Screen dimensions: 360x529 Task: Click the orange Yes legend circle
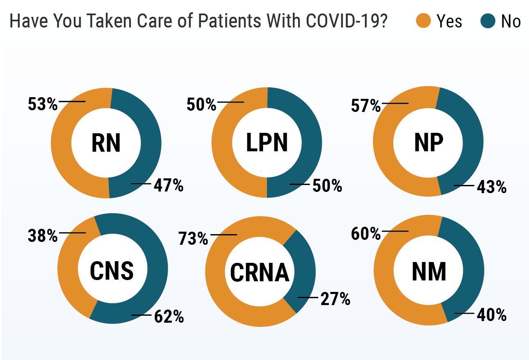tap(423, 21)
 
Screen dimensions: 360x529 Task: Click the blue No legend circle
tap(488, 21)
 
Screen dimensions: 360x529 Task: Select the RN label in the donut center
tap(106, 143)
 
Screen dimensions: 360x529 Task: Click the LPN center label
tap(267, 143)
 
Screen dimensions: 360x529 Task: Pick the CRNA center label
tap(260, 273)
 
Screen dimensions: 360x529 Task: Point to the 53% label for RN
tap(43, 104)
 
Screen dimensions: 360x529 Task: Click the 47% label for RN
tap(169, 186)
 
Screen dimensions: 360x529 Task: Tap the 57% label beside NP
tap(366, 106)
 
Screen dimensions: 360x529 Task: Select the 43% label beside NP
tap(492, 187)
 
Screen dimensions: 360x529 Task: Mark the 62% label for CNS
tap(169, 317)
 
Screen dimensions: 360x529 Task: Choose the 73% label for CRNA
tap(193, 238)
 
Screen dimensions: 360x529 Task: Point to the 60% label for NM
tap(366, 234)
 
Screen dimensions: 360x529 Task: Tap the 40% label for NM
tap(492, 315)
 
